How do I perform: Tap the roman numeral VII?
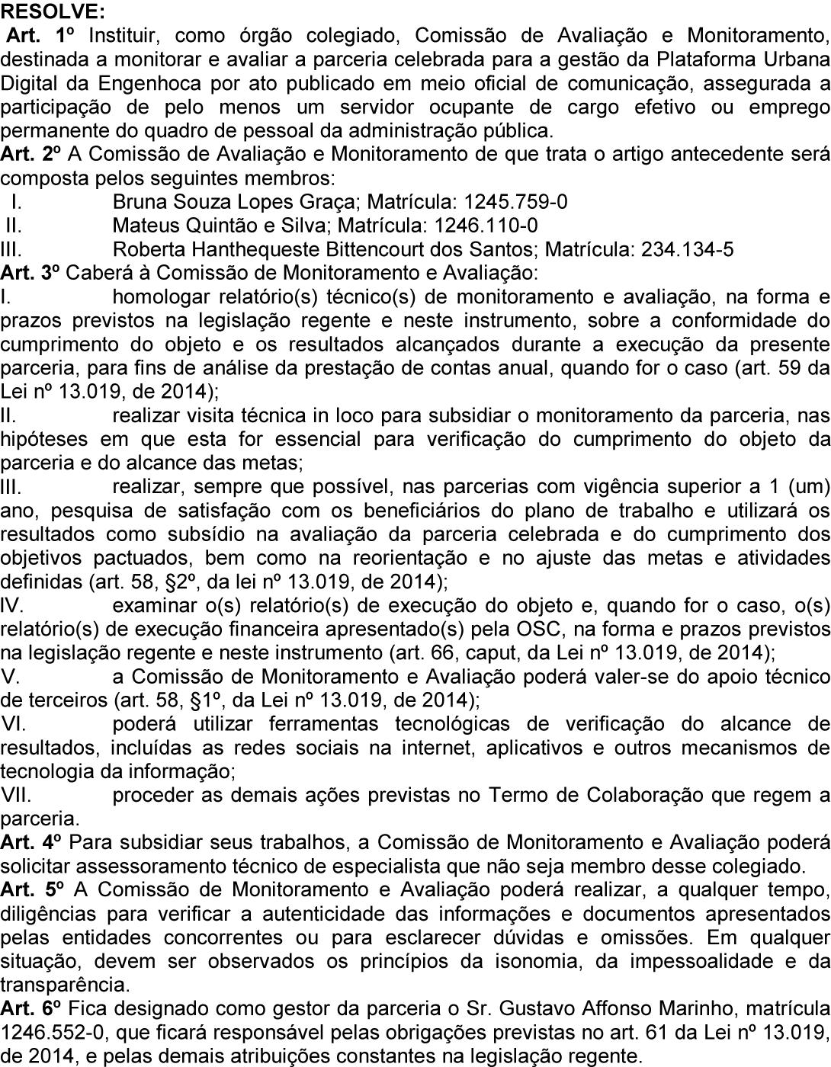[x=16, y=795]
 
